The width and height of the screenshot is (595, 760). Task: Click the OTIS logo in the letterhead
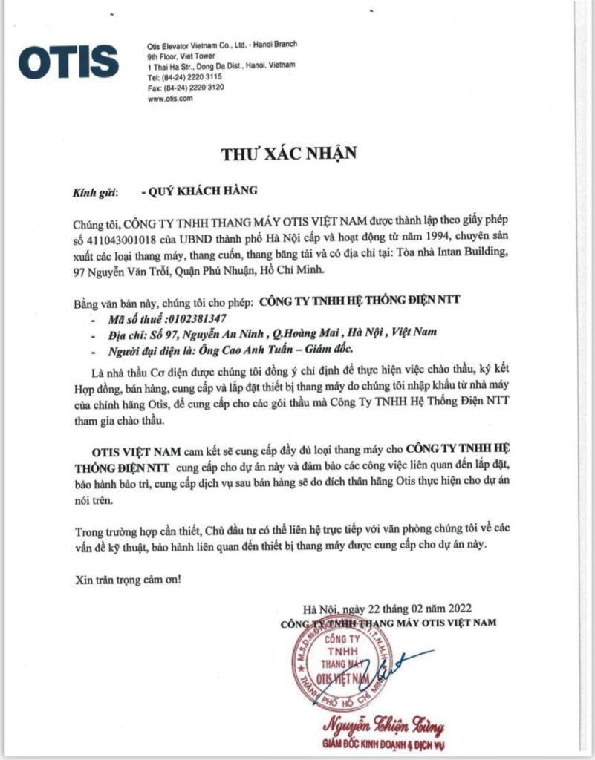click(x=68, y=62)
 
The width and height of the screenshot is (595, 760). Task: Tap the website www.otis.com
click(x=171, y=98)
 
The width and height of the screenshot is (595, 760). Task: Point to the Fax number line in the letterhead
click(x=185, y=88)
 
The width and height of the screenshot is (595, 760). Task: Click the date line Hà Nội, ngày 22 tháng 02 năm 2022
click(x=392, y=609)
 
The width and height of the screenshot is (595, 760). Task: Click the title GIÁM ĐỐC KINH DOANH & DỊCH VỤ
click(x=387, y=744)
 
